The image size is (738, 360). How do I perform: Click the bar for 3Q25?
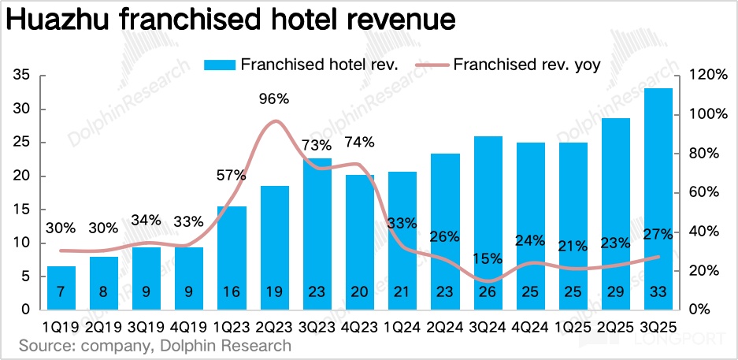pyautogui.click(x=658, y=197)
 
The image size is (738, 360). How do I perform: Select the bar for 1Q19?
pyautogui.click(x=61, y=287)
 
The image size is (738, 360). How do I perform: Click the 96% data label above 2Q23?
pyautogui.click(x=274, y=99)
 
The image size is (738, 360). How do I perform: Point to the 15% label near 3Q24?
pyautogui.click(x=488, y=258)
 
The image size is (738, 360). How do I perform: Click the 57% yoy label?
pyautogui.click(x=230, y=175)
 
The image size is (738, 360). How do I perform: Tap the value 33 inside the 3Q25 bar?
pyautogui.click(x=658, y=292)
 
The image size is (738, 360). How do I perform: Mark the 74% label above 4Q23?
pyautogui.click(x=359, y=143)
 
